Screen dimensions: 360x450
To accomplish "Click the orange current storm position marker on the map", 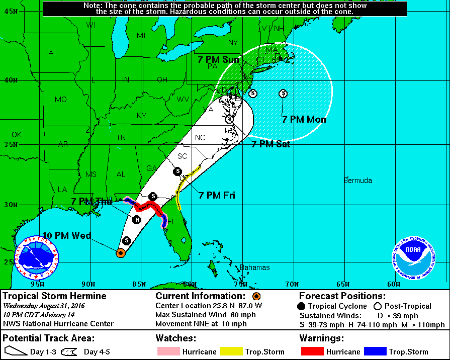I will (120, 253).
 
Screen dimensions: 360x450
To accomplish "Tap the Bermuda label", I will (358, 181).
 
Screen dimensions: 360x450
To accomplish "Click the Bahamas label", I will (254, 267).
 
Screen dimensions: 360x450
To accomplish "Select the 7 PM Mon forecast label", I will (304, 120).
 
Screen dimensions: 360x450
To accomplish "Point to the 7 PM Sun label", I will (218, 60).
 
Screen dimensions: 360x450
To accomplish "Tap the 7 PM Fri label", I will (217, 195).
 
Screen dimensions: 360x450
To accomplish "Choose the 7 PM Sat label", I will (271, 144).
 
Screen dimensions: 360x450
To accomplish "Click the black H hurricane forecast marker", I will (136, 219).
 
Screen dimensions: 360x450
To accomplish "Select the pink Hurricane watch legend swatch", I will (167, 352).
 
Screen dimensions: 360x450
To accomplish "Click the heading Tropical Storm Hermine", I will (55, 296).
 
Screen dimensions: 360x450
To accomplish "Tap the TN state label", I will (121, 137).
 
